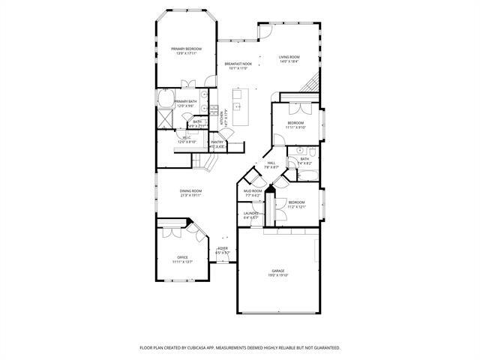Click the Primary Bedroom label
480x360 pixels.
pyautogui.click(x=183, y=49)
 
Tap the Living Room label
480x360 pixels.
pyautogui.click(x=289, y=57)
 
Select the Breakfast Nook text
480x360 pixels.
pyautogui.click(x=238, y=64)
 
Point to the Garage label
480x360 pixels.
pyautogui.click(x=277, y=271)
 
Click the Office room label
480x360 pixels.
pyautogui.click(x=182, y=257)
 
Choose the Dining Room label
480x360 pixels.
pyautogui.click(x=190, y=191)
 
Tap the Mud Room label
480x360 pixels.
pyautogui.click(x=253, y=190)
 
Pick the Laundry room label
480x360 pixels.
pyautogui.click(x=251, y=214)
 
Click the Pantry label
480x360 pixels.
pyautogui.click(x=217, y=142)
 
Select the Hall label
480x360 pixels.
pyautogui.click(x=271, y=163)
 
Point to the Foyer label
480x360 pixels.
pyautogui.click(x=223, y=248)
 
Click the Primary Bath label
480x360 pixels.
pyautogui.click(x=185, y=101)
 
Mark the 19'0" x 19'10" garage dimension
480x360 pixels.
pyautogui.click(x=277, y=275)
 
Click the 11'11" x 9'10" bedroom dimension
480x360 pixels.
pyautogui.click(x=295, y=127)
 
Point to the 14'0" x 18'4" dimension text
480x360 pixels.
pyautogui.click(x=289, y=61)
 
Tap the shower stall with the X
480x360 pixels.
pyautogui.click(x=164, y=118)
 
